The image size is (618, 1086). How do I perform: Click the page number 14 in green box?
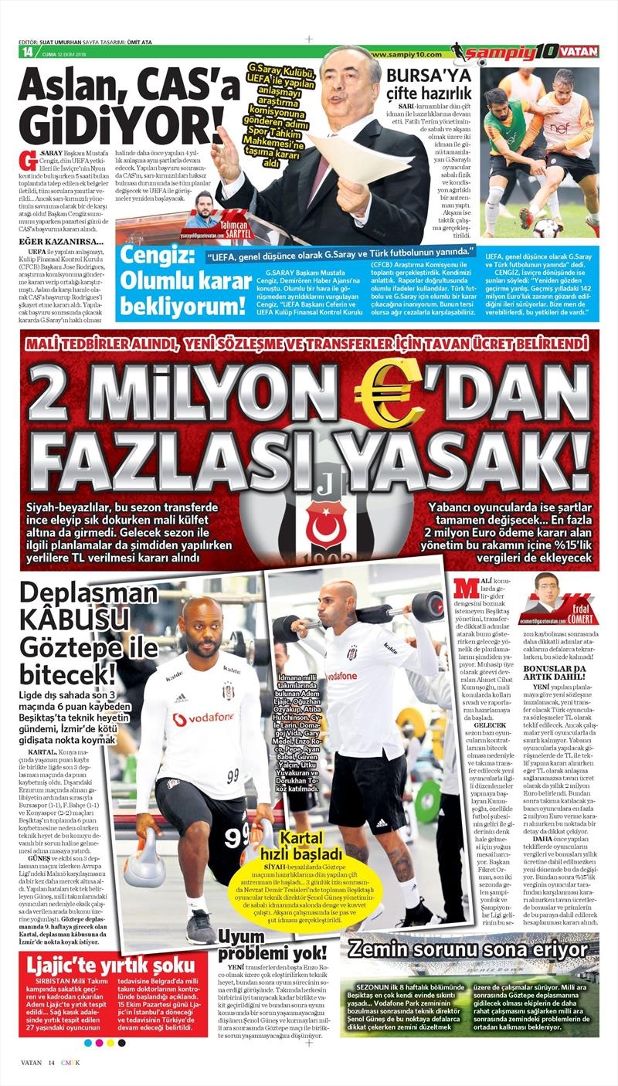pyautogui.click(x=27, y=53)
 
